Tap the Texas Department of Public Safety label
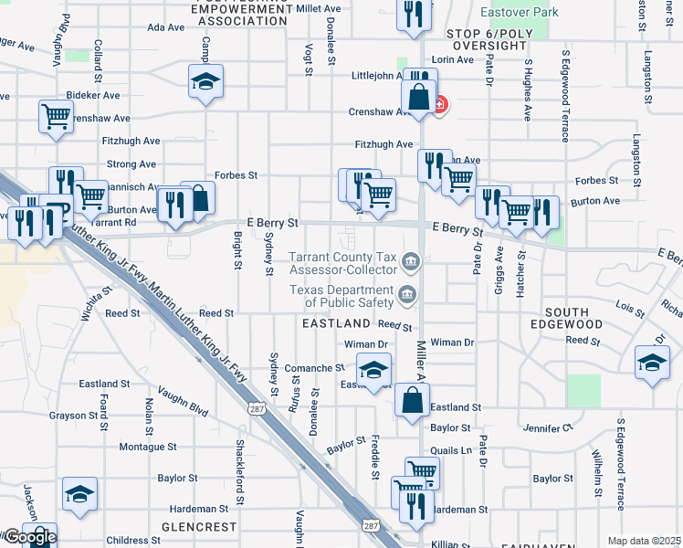[343, 296]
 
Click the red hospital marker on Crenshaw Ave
[440, 105]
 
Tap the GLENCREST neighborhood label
[199, 527]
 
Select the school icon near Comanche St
[373, 371]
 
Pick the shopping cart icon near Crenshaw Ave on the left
[57, 116]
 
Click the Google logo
[29, 537]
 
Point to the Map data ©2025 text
[644, 541]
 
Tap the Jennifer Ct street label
[547, 427]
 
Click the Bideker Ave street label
[94, 95]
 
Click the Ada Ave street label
[166, 27]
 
